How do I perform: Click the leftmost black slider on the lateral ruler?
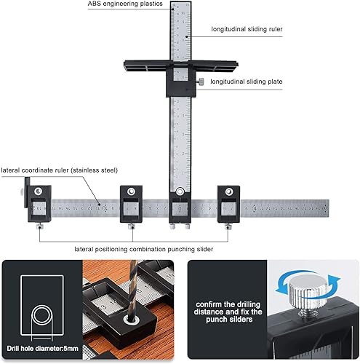click(39, 205)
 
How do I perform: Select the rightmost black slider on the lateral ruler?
click(228, 205)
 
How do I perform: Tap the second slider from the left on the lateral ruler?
click(131, 205)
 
